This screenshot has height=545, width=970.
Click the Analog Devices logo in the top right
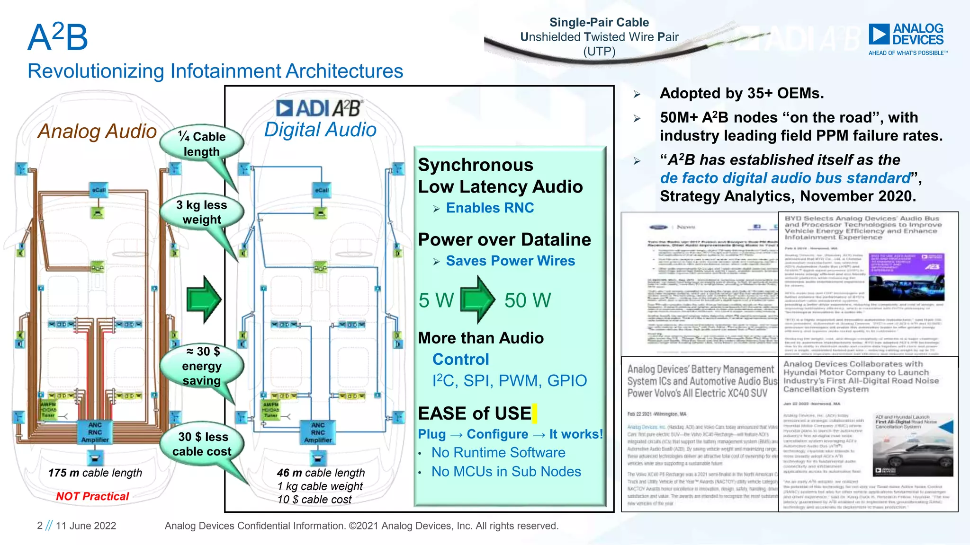pos(906,38)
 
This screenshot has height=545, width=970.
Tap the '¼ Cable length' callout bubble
pos(202,144)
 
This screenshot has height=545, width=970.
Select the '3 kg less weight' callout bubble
pos(202,212)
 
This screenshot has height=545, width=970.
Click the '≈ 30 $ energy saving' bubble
pos(202,366)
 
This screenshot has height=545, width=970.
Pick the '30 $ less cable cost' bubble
pos(202,444)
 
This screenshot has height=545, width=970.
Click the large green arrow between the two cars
pos(204,299)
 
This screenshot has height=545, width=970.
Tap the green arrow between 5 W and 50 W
pos(477,300)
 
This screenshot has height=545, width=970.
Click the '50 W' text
pos(527,300)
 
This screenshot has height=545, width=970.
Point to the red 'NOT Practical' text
pos(92,496)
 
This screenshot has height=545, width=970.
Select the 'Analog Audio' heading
pos(97,131)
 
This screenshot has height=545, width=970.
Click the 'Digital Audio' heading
pos(320,130)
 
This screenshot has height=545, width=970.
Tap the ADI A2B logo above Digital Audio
pos(319,108)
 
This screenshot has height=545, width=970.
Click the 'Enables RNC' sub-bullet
pos(490,208)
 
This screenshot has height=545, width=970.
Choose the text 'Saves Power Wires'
pos(510,261)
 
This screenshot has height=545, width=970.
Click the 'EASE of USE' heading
pos(475,413)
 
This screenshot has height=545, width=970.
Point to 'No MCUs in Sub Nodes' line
pos(506,471)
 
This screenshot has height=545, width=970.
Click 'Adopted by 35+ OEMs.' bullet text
pos(742,93)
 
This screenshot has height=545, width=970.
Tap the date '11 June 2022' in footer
pos(86,526)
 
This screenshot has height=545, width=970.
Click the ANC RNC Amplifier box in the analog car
pos(95,432)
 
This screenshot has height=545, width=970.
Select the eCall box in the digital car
pos(322,190)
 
